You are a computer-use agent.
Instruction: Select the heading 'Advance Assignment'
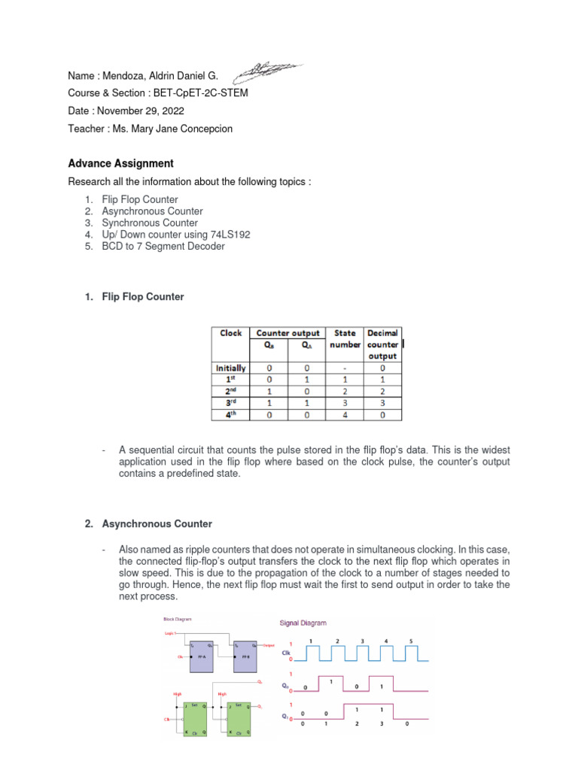[120, 163]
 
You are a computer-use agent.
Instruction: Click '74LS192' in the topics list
[230, 235]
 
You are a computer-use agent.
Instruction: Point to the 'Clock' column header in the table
[231, 333]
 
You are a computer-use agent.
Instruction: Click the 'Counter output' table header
[287, 333]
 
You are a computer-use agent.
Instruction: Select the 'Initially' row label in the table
[231, 368]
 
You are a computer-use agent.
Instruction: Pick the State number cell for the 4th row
[345, 414]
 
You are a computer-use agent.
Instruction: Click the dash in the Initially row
[345, 368]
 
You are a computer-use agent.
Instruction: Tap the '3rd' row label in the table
[231, 403]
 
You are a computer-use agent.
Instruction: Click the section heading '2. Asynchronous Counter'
[148, 523]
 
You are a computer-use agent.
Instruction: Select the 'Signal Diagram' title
[303, 623]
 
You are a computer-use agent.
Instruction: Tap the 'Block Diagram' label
[178, 619]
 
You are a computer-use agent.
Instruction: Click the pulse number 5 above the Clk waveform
[411, 641]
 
